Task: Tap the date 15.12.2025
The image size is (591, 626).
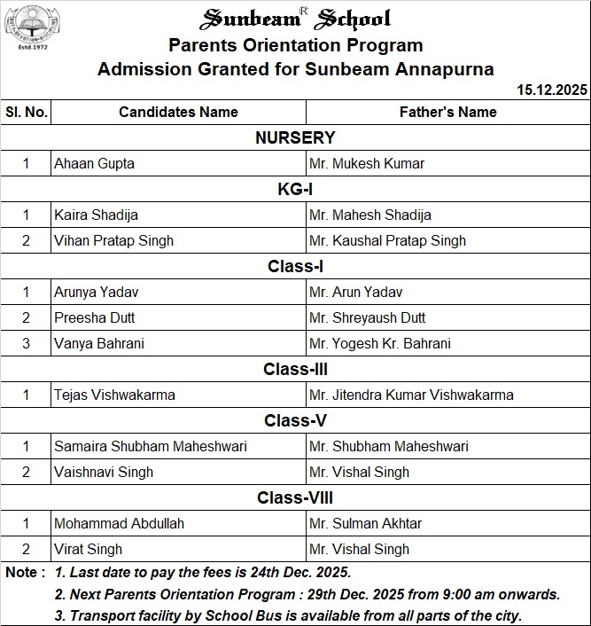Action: [x=552, y=90]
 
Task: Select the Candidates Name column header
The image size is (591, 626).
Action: [x=178, y=112]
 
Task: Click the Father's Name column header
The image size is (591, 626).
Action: [x=447, y=112]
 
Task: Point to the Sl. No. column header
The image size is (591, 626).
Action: [x=27, y=112]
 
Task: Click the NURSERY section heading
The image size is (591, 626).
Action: [x=295, y=137]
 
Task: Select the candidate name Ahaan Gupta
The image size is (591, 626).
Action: [x=95, y=163]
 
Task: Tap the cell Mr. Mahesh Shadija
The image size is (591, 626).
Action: [x=370, y=215]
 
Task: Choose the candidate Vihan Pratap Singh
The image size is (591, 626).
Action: [x=113, y=240]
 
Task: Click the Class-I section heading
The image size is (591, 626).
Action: [x=295, y=266]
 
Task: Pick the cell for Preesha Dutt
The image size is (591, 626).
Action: [x=95, y=317]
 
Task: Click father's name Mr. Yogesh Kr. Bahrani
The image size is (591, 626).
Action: [x=380, y=343]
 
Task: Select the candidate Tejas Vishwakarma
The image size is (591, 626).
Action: [x=114, y=395]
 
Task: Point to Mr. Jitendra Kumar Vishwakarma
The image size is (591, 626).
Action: [x=411, y=395]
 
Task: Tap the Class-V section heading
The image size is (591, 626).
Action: [x=295, y=420]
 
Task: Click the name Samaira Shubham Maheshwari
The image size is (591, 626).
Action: [x=151, y=446]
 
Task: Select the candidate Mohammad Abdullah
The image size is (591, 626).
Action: [x=119, y=523]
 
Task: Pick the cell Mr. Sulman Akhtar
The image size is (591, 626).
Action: [x=366, y=523]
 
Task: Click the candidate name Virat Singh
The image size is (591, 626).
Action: [x=89, y=549]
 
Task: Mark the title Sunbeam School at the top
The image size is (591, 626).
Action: [x=296, y=19]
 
